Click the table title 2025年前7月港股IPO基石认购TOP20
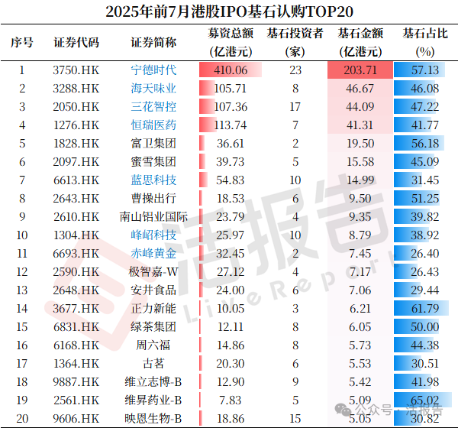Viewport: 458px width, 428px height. point(229,12)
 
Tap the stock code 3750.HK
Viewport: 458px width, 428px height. point(76,70)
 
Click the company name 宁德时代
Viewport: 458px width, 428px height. point(153,70)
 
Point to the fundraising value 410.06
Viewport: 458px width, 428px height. point(231,70)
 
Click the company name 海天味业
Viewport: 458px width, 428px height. point(153,89)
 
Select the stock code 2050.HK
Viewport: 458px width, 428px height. point(76,107)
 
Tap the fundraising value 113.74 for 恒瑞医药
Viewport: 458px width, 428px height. point(231,125)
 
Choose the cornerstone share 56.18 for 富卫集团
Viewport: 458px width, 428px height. point(424,144)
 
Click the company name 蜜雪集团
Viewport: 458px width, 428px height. point(153,162)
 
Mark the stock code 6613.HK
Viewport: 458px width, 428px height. point(76,180)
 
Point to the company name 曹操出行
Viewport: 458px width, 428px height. point(153,199)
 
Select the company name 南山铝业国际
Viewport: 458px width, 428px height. point(153,217)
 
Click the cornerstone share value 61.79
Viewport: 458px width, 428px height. point(424,309)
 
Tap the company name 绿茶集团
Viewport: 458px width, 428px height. point(153,327)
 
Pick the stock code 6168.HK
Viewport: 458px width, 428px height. point(76,345)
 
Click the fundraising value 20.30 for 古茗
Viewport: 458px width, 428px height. point(231,364)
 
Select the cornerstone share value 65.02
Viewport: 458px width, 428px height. point(424,400)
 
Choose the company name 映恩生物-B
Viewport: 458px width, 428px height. point(153,418)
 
